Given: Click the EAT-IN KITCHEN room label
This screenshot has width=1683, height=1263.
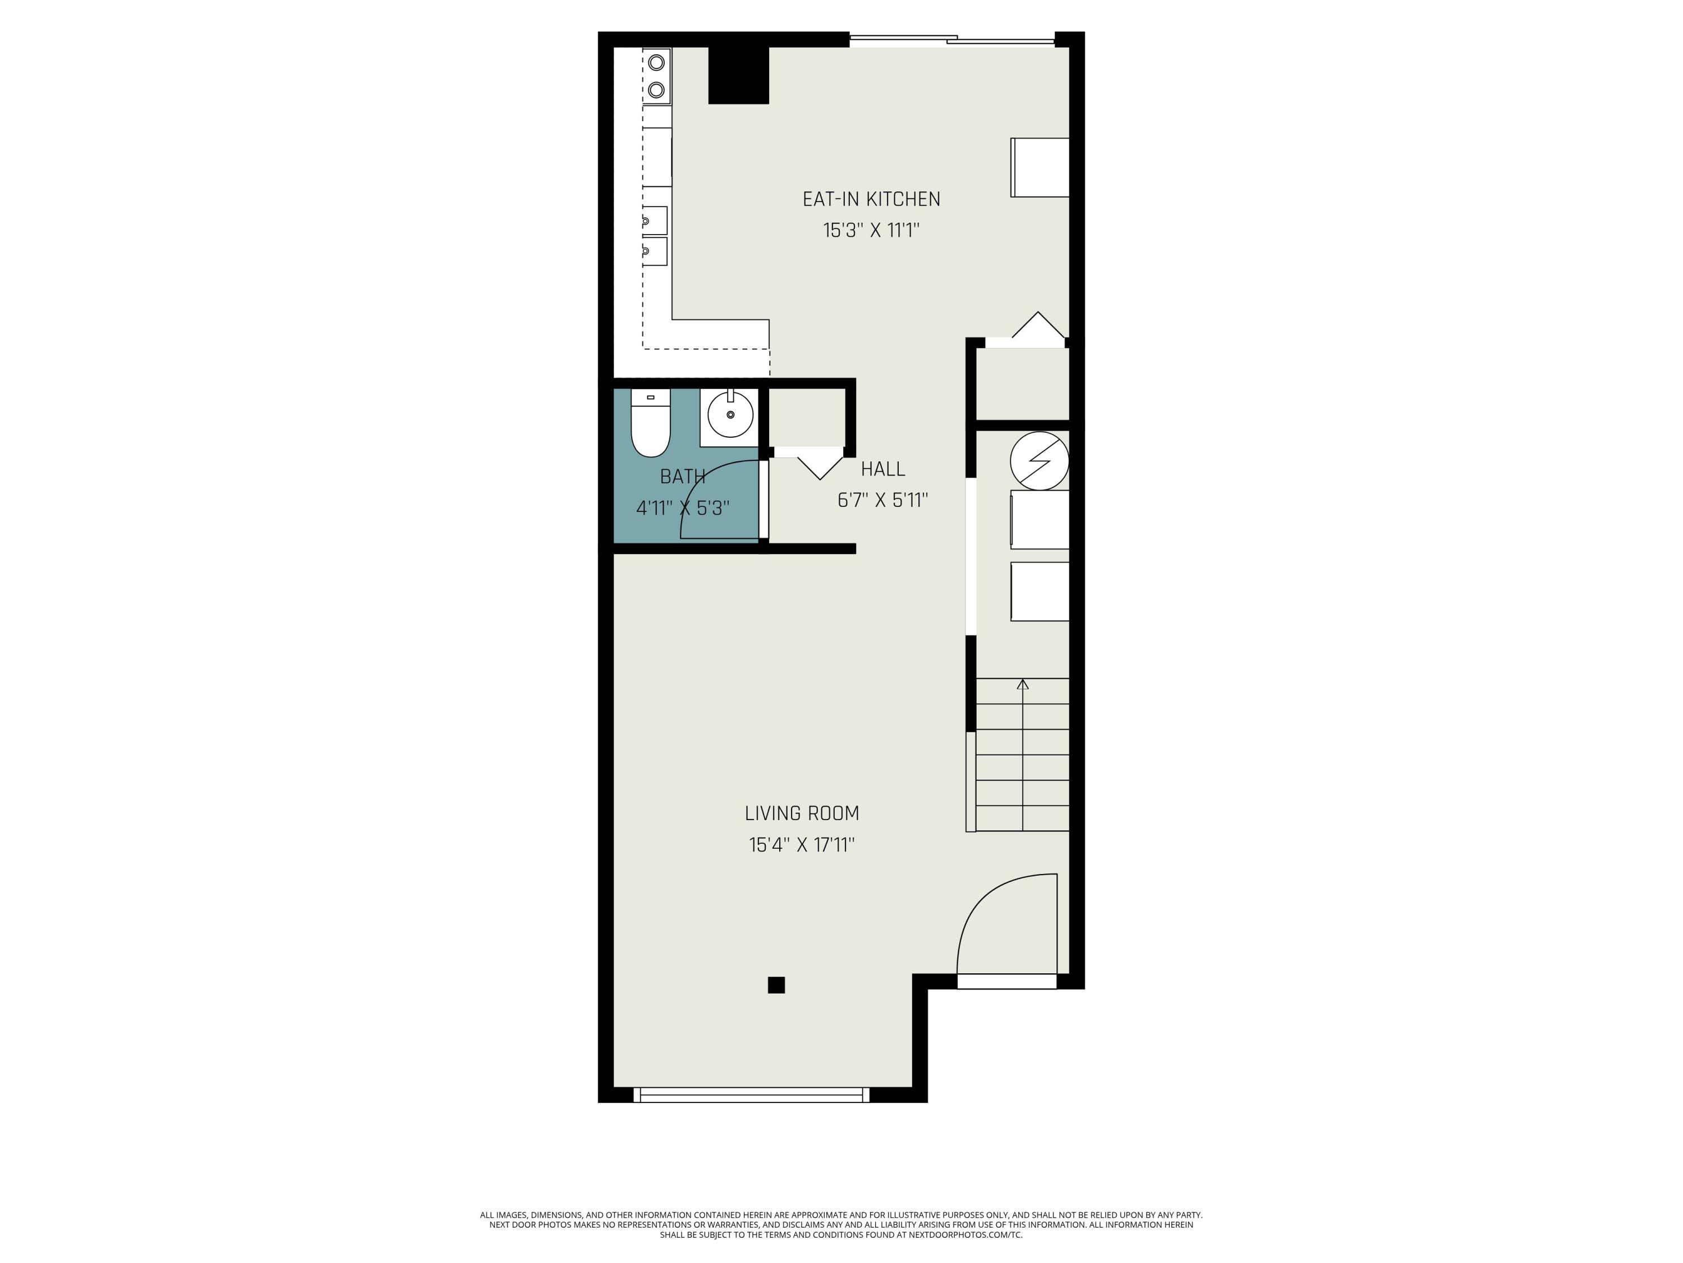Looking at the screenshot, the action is (871, 199).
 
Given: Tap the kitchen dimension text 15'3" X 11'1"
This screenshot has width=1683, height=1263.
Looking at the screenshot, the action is (871, 230).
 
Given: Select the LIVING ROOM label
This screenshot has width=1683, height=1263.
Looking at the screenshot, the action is (802, 813).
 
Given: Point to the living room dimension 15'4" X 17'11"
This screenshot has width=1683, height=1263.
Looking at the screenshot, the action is (802, 844).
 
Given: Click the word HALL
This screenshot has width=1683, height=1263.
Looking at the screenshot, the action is (884, 469).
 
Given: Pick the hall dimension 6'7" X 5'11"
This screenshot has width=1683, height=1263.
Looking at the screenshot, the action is (882, 500).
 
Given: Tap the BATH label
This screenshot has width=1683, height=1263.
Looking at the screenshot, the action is (683, 477).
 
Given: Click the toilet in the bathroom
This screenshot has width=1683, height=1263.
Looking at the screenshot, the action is (651, 423).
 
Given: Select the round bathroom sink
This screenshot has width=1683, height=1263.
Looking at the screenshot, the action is (730, 415).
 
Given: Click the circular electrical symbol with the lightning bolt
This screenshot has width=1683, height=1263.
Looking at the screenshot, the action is (1040, 461).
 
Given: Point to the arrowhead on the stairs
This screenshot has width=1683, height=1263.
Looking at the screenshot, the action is (1023, 684).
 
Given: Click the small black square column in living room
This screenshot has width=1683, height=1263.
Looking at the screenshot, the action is (776, 985).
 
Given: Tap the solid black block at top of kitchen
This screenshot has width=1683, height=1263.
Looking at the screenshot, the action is (738, 75).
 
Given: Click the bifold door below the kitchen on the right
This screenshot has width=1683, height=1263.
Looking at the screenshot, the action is (1038, 326).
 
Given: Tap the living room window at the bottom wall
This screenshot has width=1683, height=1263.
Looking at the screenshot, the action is (751, 1095).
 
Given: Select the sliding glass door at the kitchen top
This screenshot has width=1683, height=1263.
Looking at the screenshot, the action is (952, 40).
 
